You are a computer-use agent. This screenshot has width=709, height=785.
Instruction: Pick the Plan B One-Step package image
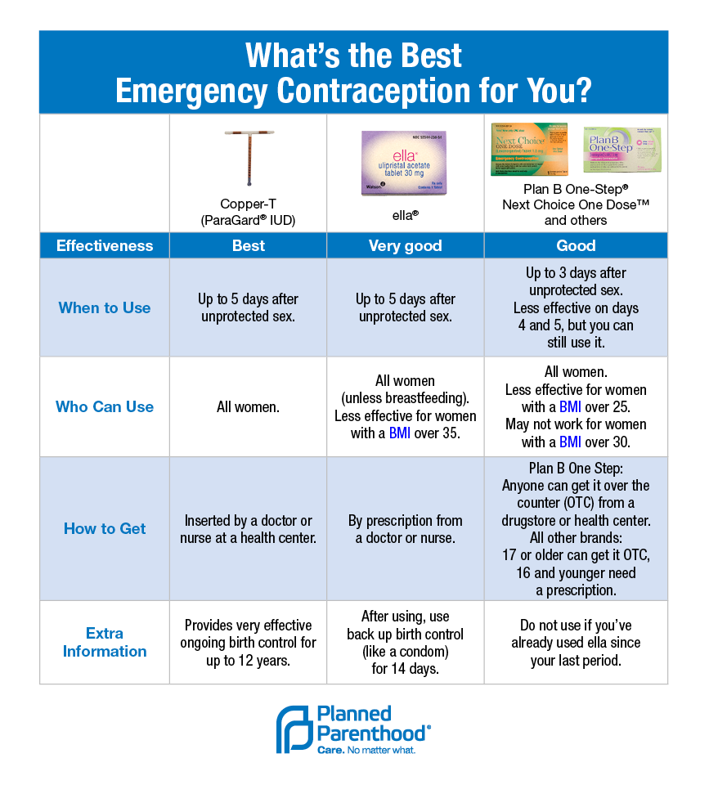point(621,150)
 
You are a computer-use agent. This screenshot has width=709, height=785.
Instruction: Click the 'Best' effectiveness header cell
point(248,245)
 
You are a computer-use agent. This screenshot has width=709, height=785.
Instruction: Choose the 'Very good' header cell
point(405,245)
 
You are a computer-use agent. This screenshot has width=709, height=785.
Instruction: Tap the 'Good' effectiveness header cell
point(576,245)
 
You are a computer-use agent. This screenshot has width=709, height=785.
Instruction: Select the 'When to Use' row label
point(105,308)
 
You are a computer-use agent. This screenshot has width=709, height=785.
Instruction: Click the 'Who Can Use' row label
point(105,406)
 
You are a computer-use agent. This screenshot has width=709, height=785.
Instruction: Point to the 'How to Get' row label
point(105,528)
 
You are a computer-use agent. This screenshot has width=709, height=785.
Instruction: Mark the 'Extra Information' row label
point(105,642)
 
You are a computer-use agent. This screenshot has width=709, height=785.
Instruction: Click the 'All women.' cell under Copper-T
point(248,406)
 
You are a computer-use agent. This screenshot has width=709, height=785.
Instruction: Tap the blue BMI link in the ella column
point(400,433)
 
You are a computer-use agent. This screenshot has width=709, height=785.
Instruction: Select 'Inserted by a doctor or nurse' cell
point(248,529)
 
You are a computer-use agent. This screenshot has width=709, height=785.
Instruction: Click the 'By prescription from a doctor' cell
point(405,529)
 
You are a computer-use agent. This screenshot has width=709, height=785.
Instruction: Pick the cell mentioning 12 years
point(248,642)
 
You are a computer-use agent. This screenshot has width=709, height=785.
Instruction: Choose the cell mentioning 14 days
point(405,643)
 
